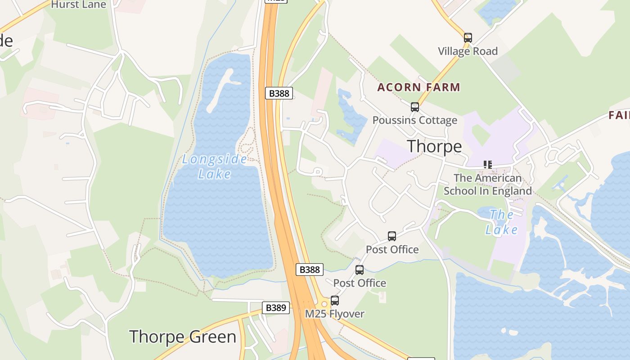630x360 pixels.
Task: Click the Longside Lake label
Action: (x=215, y=166)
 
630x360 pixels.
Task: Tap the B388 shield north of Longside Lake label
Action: (x=279, y=93)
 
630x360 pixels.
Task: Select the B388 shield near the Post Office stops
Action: (x=309, y=270)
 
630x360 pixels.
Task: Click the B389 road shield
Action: (x=275, y=308)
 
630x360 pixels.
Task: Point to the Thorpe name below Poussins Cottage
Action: (x=434, y=146)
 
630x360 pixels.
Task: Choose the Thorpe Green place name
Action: (x=182, y=337)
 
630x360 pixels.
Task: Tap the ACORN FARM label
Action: (x=418, y=87)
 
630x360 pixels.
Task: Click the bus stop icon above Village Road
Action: (x=468, y=37)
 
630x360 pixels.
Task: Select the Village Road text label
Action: (x=468, y=51)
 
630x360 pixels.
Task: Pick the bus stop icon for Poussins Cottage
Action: (x=414, y=107)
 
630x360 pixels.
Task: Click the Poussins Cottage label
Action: (x=414, y=120)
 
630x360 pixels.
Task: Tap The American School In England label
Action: (x=488, y=184)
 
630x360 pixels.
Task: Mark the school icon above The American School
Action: (x=488, y=165)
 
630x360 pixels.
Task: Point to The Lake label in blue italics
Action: (x=501, y=222)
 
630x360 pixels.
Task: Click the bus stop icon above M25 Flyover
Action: (x=334, y=300)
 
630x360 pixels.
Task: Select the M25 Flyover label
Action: (x=334, y=314)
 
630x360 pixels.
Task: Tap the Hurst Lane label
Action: (x=78, y=4)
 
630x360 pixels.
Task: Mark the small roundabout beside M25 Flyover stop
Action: (x=324, y=304)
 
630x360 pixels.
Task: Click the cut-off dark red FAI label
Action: (x=619, y=115)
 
